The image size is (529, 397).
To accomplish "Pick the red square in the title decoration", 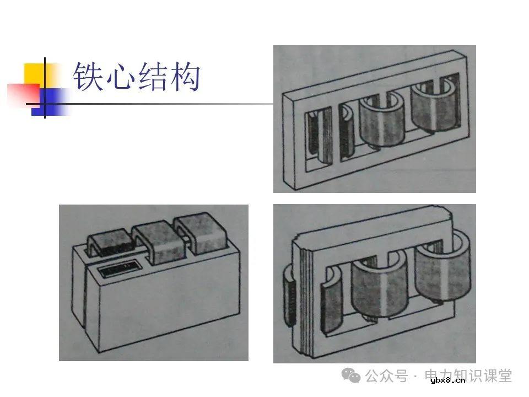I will tap(22, 94).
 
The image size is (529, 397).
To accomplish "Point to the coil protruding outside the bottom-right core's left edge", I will tap(290, 294).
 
